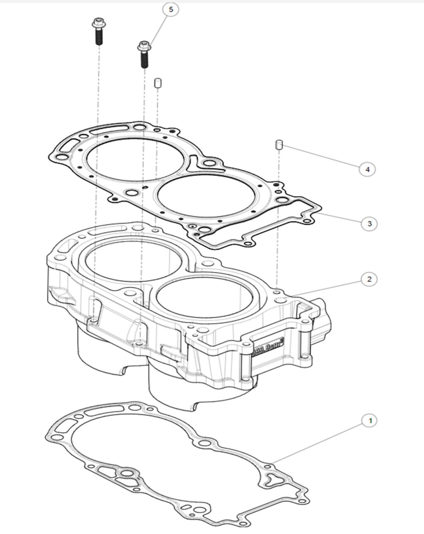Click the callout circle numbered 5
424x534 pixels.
[171, 9]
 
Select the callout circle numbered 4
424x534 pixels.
[367, 169]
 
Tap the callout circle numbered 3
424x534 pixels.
[369, 224]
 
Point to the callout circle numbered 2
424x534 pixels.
[369, 279]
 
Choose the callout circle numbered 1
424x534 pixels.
[370, 421]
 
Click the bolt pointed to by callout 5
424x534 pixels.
[144, 54]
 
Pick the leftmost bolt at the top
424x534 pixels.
[99, 31]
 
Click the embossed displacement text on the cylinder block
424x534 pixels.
[268, 346]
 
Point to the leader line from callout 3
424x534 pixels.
[342, 219]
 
